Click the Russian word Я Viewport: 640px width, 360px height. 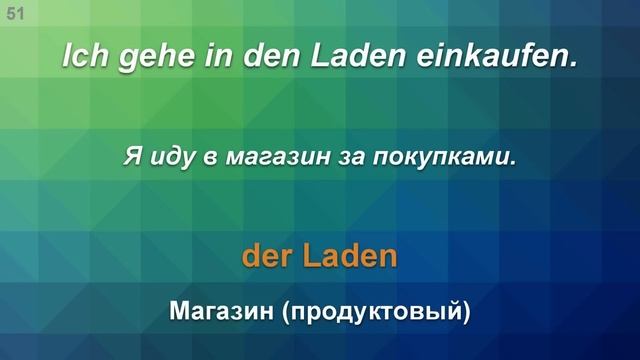130,157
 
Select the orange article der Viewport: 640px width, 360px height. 264,257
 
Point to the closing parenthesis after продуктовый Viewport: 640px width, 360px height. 465,314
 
